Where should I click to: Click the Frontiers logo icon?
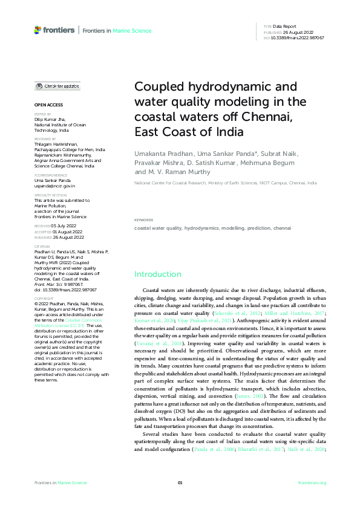[x=38, y=30]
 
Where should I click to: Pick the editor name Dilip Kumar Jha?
[x=49, y=119]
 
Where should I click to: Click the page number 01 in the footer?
[x=180, y=483]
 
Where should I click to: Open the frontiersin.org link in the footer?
[x=312, y=483]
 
